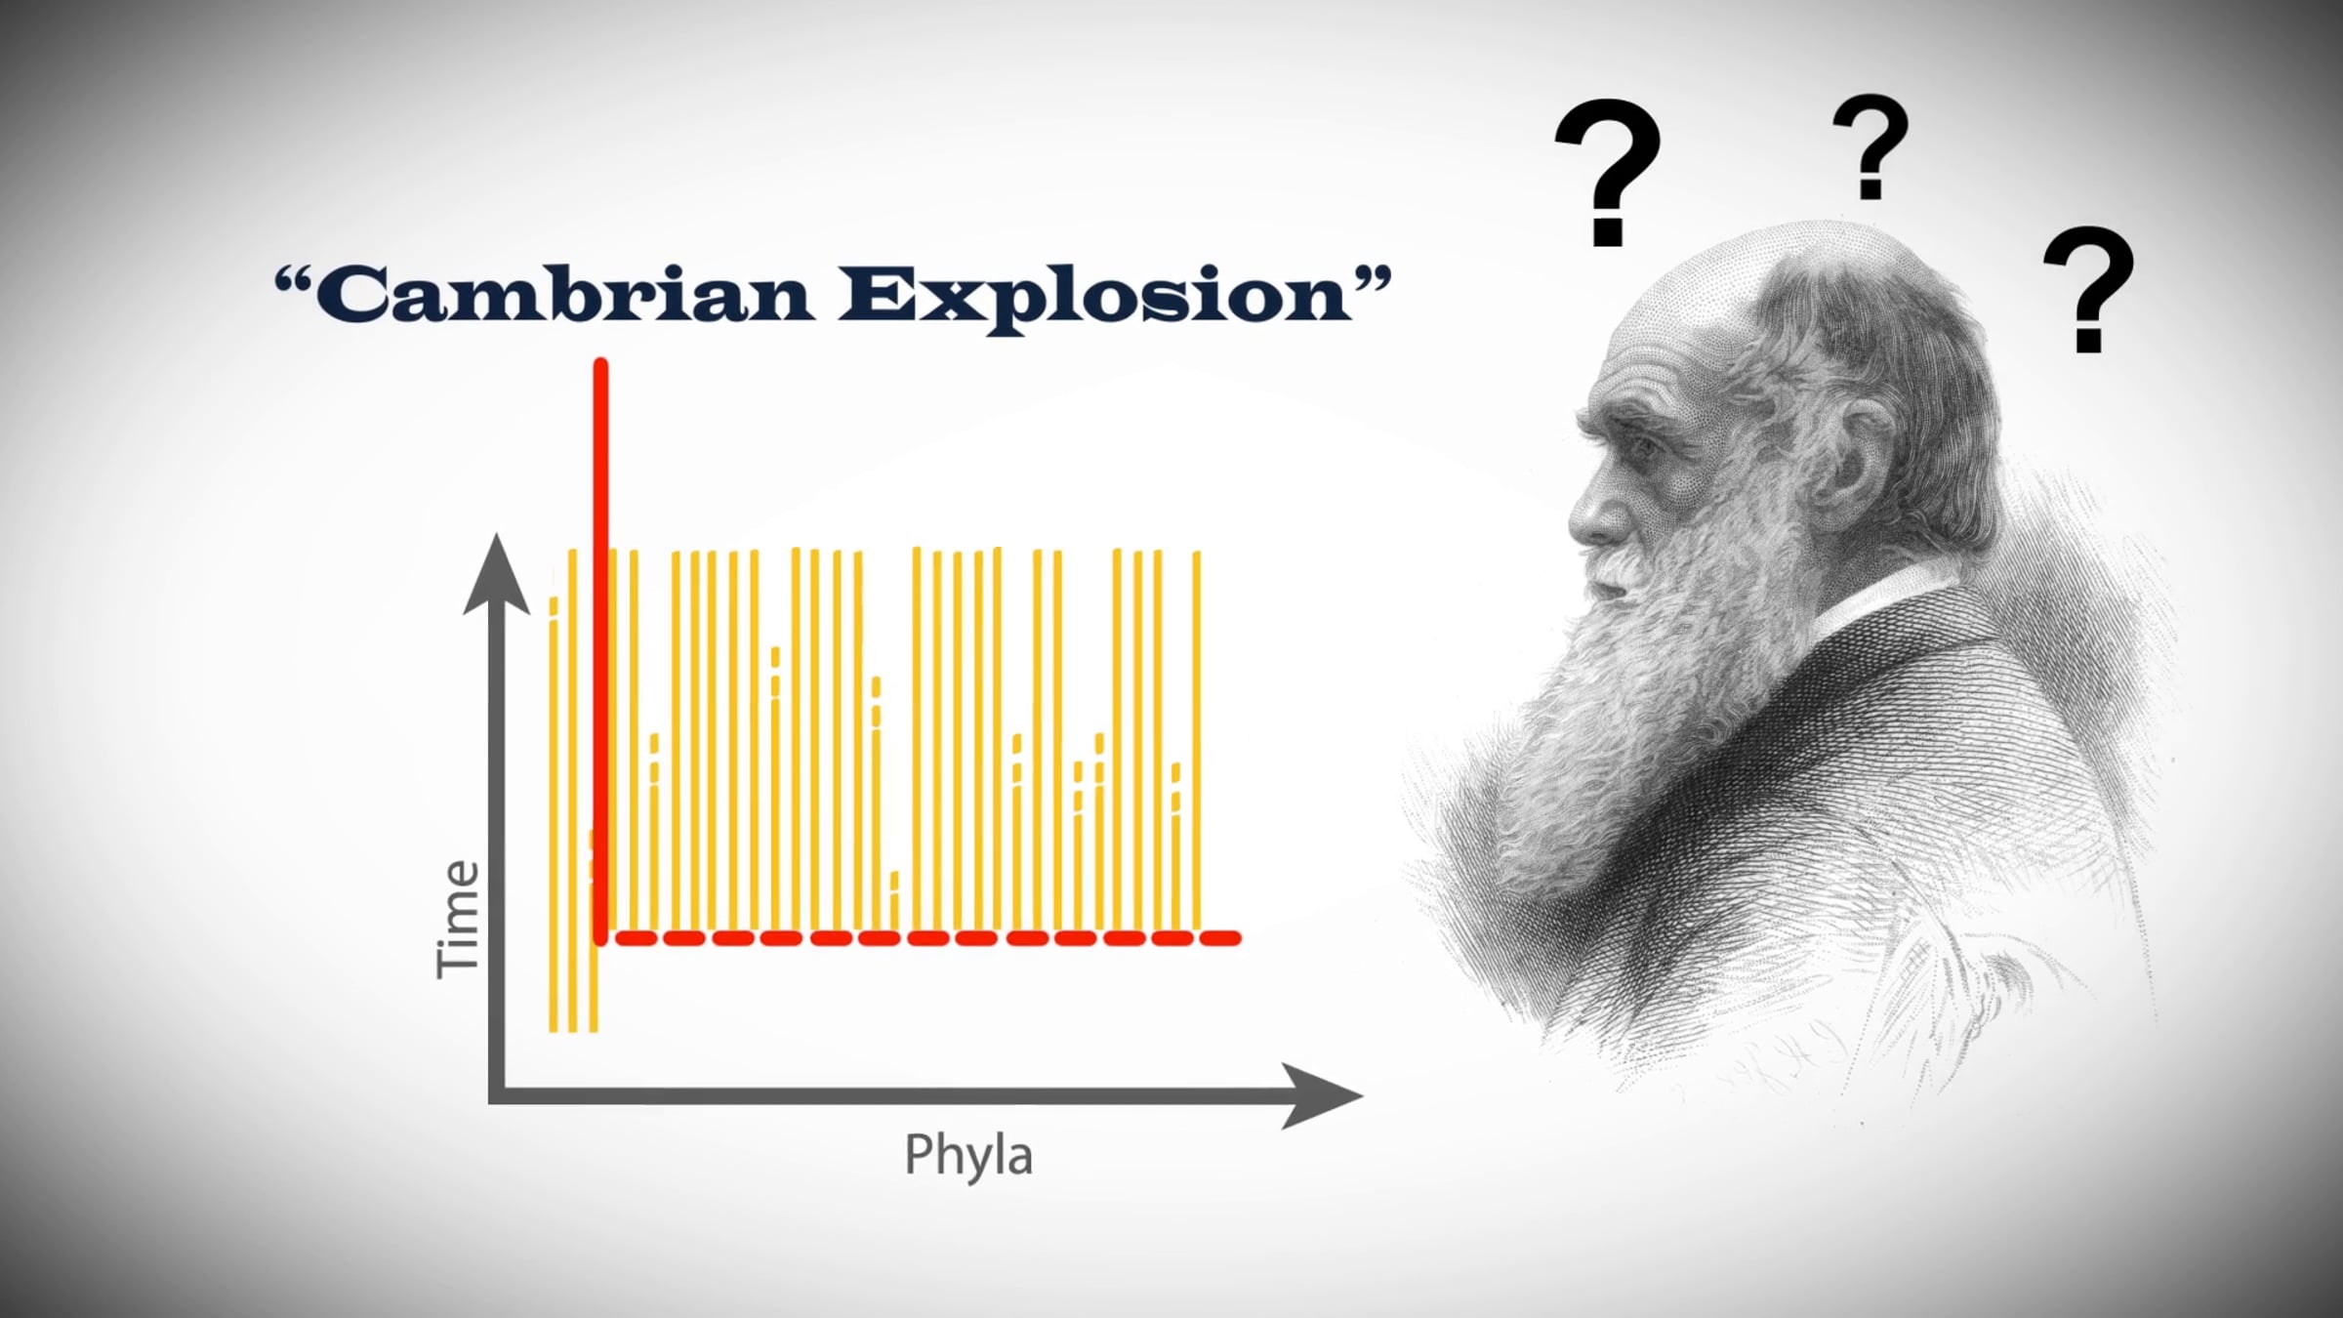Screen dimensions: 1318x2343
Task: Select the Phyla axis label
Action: click(967, 1155)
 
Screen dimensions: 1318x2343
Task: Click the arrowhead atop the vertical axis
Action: click(497, 576)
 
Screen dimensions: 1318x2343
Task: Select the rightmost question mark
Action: click(2088, 288)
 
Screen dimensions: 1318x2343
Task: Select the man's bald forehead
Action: click(1679, 332)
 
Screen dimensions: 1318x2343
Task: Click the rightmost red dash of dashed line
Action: click(1220, 938)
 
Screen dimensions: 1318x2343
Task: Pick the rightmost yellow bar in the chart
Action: click(1197, 742)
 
